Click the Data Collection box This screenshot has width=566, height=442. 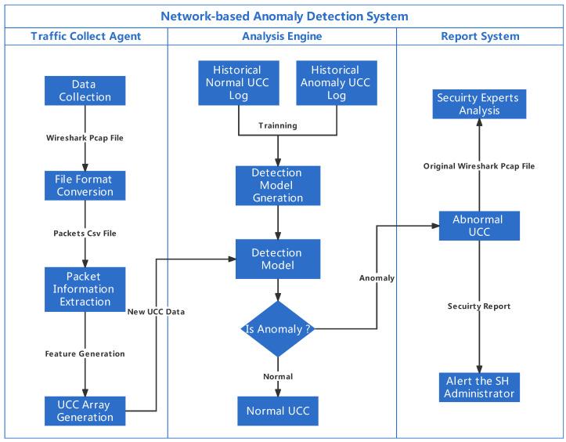pyautogui.click(x=85, y=91)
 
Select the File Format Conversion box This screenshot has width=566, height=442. pyautogui.click(x=85, y=186)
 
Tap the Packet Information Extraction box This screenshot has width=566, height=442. pyautogui.click(x=85, y=288)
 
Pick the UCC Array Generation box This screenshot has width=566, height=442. pyautogui.click(x=85, y=411)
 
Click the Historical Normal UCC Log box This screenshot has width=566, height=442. pyautogui.click(x=239, y=83)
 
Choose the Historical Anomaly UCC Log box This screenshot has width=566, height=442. pyautogui.click(x=337, y=83)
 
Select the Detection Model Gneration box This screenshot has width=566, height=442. pyautogui.click(x=278, y=186)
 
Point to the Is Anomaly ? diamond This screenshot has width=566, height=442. pyautogui.click(x=278, y=330)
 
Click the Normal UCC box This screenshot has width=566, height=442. pyautogui.click(x=278, y=411)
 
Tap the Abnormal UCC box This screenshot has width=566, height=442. pyautogui.click(x=478, y=226)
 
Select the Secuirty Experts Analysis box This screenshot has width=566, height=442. pyautogui.click(x=478, y=104)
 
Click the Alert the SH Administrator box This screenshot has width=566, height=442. pyautogui.click(x=478, y=387)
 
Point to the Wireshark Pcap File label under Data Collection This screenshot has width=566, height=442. pyautogui.click(x=85, y=138)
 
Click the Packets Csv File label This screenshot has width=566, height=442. pyautogui.click(x=85, y=234)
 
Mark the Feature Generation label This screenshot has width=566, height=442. pyautogui.click(x=85, y=354)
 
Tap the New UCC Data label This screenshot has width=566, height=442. pyautogui.click(x=156, y=312)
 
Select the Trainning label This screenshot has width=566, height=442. pyautogui.click(x=278, y=125)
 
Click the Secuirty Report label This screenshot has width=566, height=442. pyautogui.click(x=478, y=306)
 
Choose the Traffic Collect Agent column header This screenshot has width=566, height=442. pyautogui.click(x=86, y=36)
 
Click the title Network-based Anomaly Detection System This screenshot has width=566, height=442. pyautogui.click(x=283, y=16)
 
